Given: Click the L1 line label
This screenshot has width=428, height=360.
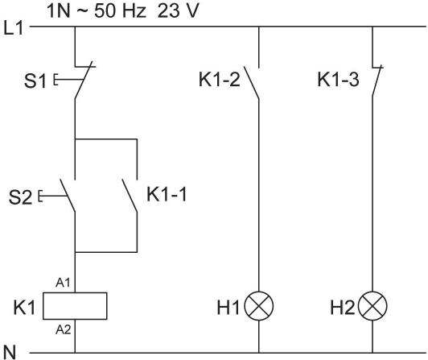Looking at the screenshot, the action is coord(13,28).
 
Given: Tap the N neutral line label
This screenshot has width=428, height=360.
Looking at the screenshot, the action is coord(10,352).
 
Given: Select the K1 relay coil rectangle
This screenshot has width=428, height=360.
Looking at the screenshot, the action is coord(75,306).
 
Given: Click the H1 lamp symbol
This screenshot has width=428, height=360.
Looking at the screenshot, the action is coord(259,306).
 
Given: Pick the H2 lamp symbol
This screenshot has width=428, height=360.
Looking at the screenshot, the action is coord(372,306).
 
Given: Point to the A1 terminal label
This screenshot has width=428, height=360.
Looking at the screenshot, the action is coord(63,283).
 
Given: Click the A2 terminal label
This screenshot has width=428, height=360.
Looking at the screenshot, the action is coord(64,330).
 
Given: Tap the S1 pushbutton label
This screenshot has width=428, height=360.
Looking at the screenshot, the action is coord(35,81).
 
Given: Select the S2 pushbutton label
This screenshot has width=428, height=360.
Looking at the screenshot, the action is coord(20,197).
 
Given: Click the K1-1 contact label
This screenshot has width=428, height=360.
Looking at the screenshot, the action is coord(167,195).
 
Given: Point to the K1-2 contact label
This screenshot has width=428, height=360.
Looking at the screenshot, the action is coord(219,80).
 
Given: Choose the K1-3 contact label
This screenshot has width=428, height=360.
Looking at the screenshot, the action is coord(338,80).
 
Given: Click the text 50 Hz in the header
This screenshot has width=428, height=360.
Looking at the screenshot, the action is coord(120,11).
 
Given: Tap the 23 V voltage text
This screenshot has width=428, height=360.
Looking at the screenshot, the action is coord(178,11).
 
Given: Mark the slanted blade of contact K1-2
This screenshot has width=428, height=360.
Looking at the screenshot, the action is coord(251,82).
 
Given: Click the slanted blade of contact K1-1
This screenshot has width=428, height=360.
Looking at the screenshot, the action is coord(130,196).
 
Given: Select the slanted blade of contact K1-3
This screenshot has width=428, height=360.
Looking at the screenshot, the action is coord(377,81).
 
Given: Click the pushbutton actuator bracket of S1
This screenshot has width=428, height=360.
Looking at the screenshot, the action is coord(56,80).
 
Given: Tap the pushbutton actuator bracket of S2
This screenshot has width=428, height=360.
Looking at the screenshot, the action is coord(40,196).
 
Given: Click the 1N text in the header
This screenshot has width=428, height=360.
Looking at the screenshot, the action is coord(59,11).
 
